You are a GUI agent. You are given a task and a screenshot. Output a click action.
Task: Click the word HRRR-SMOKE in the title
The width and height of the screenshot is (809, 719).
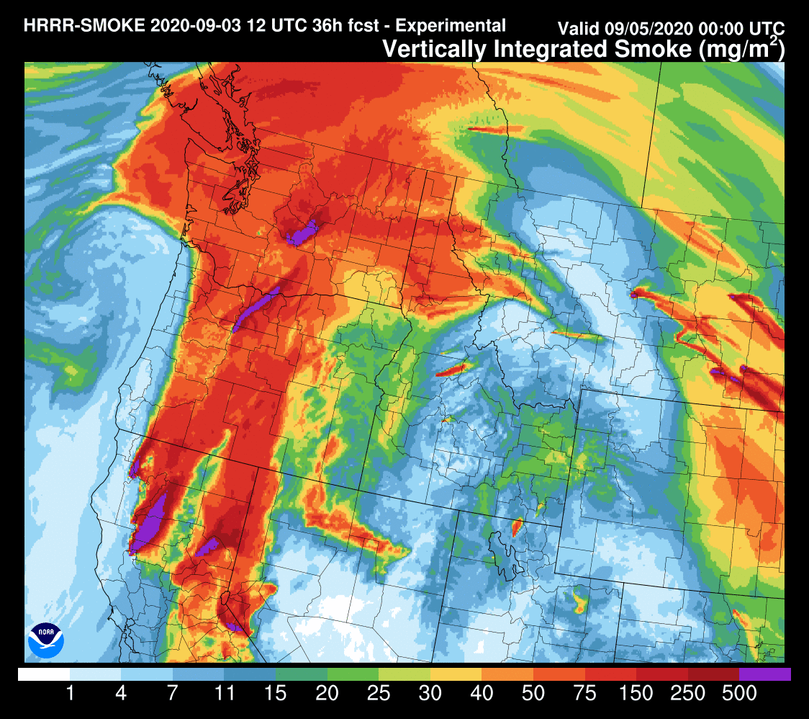pyautogui.click(x=83, y=26)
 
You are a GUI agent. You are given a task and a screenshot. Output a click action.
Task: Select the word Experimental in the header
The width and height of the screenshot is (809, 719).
pyautogui.click(x=451, y=26)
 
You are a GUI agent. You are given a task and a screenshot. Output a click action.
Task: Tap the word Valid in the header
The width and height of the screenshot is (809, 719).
pyautogui.click(x=580, y=30)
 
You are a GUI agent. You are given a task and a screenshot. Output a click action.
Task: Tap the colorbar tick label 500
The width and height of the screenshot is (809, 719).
pyautogui.click(x=738, y=694)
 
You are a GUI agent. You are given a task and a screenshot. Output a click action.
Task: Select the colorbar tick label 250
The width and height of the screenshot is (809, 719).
pyautogui.click(x=687, y=694)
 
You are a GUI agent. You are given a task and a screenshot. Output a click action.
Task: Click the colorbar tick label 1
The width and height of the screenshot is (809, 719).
pyautogui.click(x=70, y=694)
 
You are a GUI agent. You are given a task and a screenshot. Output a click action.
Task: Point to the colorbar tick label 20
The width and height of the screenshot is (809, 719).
pyautogui.click(x=327, y=694)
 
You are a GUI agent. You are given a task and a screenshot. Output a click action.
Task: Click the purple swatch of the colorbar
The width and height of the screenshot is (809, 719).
pyautogui.click(x=765, y=674)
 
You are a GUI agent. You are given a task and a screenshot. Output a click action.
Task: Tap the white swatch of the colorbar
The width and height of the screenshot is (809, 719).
pyautogui.click(x=44, y=674)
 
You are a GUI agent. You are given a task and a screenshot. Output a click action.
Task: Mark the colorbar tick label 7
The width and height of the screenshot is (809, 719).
pyautogui.click(x=173, y=694)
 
